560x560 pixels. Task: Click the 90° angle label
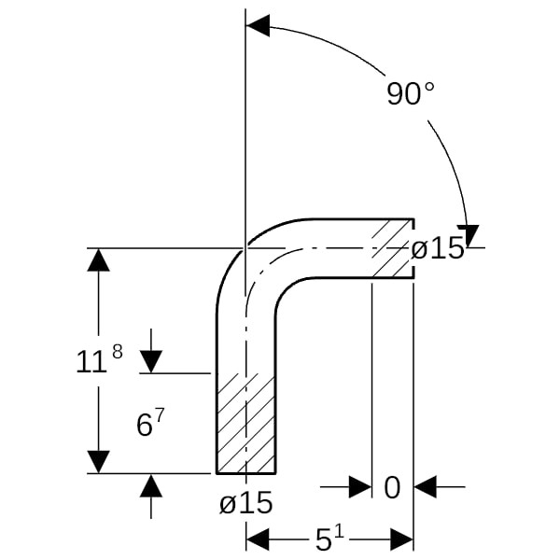click(411, 93)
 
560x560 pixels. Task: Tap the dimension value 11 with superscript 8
click(99, 359)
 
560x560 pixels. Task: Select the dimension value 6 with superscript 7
click(150, 422)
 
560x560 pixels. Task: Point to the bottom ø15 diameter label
click(246, 502)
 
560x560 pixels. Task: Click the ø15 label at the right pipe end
click(438, 248)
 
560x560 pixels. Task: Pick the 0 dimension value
click(392, 488)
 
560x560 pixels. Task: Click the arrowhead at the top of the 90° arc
click(258, 26)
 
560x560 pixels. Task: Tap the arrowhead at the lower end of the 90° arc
click(469, 236)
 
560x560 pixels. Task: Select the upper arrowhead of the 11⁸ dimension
click(99, 260)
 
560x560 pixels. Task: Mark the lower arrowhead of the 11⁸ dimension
click(99, 462)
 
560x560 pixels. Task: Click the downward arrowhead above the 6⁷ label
click(150, 362)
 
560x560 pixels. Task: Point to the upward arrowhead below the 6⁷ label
click(150, 485)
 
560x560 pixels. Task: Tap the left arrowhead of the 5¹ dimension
click(258, 539)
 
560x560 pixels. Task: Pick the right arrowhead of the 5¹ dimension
click(401, 539)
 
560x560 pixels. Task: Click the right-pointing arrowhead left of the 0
click(360, 486)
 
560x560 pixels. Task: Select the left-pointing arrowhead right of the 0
click(425, 486)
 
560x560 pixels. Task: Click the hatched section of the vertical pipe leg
click(246, 423)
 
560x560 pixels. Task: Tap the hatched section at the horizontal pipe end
click(393, 248)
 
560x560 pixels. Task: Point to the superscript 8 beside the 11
click(118, 352)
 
